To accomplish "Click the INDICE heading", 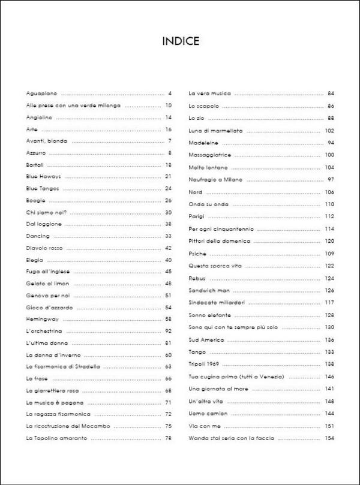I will tap(181, 42).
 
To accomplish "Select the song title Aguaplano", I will tap(41, 94).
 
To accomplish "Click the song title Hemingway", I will tap(43, 318).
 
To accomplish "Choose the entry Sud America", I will tap(204, 340).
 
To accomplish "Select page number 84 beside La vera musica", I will tap(331, 94).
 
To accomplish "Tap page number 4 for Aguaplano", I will tap(170, 94).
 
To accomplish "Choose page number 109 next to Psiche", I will tap(329, 253).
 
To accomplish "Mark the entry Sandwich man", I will tap(206, 290).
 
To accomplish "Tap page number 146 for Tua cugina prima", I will tap(329, 376).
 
